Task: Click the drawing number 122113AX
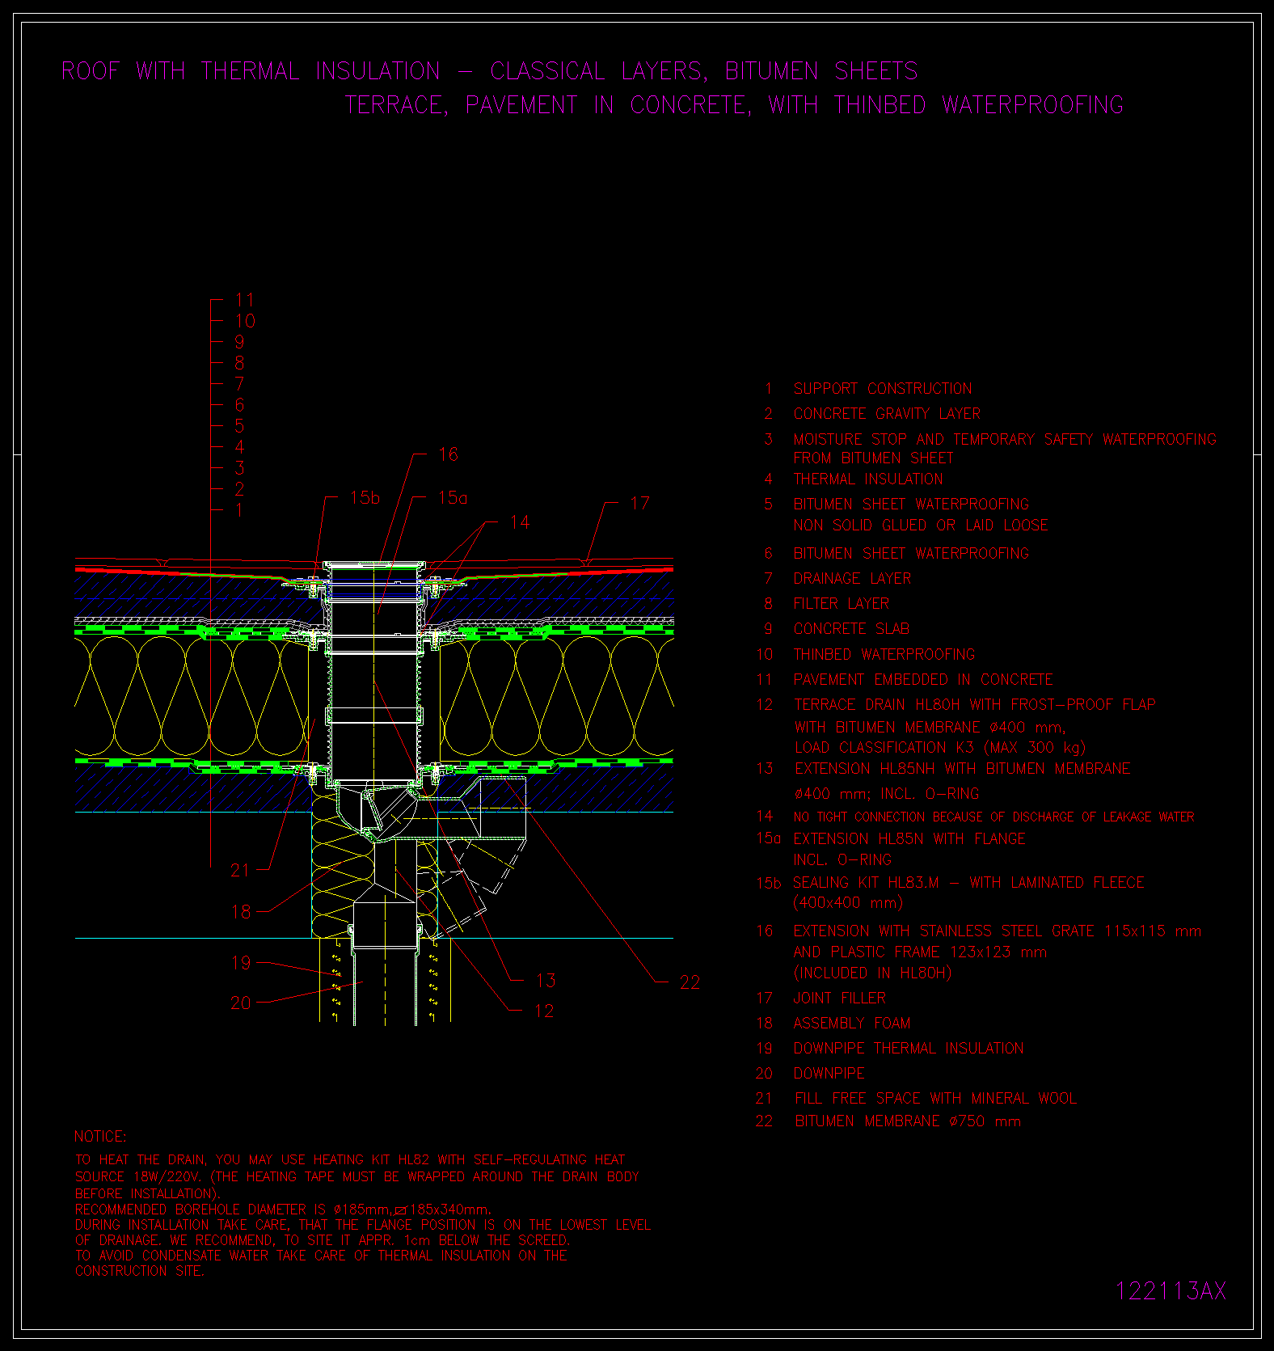(1171, 1290)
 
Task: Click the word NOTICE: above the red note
(100, 1137)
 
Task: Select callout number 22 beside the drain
(690, 982)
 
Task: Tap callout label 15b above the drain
(365, 498)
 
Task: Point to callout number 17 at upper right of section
(639, 504)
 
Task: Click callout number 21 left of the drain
(241, 870)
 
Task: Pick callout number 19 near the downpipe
(241, 963)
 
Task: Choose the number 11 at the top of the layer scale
(245, 300)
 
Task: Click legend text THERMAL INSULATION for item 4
(868, 479)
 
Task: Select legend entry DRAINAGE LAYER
(852, 579)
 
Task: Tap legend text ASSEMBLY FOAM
(852, 1024)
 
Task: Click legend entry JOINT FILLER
(840, 998)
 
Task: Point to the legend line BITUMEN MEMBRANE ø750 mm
(908, 1121)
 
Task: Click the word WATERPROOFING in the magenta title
(1032, 105)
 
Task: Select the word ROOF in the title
(90, 71)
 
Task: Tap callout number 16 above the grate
(448, 454)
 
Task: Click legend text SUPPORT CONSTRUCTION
(883, 389)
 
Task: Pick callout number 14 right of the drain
(520, 522)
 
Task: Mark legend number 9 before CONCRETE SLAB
(768, 629)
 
